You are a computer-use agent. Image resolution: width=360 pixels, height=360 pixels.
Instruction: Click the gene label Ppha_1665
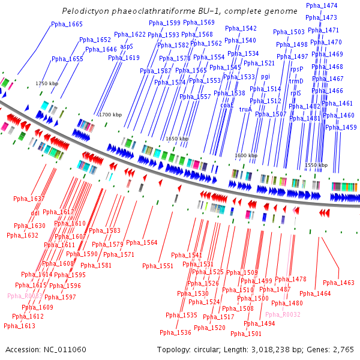point(67,24)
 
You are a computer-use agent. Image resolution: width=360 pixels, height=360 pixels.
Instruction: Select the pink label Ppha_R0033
point(25,296)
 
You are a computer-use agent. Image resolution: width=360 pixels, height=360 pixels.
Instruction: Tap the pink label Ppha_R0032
point(283,314)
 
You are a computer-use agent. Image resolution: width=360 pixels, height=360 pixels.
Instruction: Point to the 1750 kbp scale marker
point(47,83)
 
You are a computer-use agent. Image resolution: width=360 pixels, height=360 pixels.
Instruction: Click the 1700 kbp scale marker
point(110,114)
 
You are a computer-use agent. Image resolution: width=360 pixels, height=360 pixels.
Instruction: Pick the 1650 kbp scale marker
point(177,138)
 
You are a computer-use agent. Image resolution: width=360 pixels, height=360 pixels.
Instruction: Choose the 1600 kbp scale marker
point(246,155)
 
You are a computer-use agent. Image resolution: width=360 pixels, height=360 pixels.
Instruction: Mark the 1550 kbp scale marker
point(316,165)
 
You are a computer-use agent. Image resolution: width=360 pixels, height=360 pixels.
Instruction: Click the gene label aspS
point(127,46)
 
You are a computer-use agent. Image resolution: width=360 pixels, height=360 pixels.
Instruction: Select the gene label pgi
point(265,76)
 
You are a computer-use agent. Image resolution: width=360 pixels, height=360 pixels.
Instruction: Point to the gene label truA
point(245,109)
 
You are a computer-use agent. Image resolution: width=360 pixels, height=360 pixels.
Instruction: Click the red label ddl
point(35,212)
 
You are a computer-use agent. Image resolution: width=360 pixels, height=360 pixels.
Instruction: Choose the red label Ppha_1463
point(338,282)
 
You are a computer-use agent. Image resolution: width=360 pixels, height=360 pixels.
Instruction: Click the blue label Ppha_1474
point(321,5)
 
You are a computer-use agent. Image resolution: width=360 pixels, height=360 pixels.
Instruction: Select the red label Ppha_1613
point(19,326)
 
